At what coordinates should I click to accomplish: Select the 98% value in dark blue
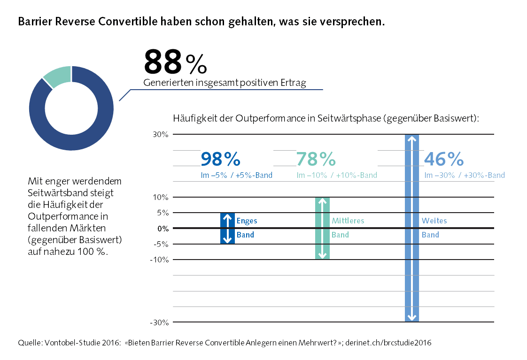click(220, 160)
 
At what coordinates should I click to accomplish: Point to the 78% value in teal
click(316, 160)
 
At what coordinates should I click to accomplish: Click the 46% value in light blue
click(443, 160)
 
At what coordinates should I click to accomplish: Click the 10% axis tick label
click(160, 197)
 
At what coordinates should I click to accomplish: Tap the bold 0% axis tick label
click(162, 229)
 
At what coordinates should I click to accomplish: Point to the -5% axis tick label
click(161, 244)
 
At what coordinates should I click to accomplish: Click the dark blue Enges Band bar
click(227, 229)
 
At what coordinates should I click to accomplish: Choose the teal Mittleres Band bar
click(322, 229)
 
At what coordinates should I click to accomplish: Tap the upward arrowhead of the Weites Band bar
click(412, 138)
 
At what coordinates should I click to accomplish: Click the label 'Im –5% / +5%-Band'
click(236, 176)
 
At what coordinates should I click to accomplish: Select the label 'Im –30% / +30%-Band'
click(465, 176)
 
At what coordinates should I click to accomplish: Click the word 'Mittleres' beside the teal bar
click(348, 221)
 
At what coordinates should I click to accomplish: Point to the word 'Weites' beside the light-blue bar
click(434, 221)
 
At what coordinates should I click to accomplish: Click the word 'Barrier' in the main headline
click(35, 22)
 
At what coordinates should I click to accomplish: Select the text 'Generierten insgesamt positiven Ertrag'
click(225, 84)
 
